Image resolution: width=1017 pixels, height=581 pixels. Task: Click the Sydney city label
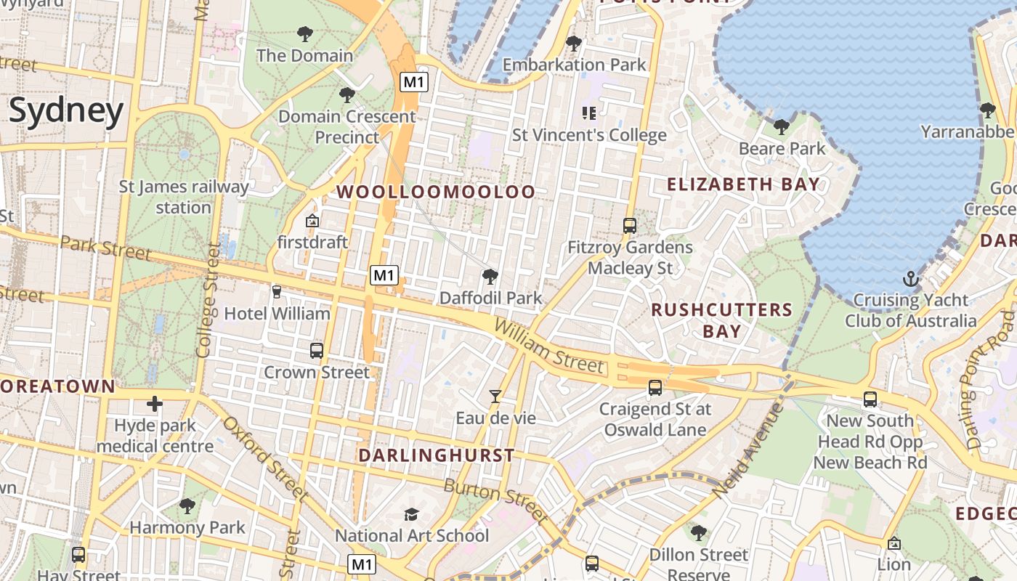point(66,111)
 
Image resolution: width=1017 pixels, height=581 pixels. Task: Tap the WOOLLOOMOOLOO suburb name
point(437,192)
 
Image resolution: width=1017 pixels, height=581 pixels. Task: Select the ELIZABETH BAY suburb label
point(743,184)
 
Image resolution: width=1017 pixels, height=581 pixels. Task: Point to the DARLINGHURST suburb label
point(436,456)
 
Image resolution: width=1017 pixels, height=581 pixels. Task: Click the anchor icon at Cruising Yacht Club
point(910,279)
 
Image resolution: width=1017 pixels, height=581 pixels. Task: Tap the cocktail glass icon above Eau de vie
point(495,396)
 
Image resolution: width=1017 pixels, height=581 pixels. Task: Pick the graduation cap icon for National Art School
point(411,514)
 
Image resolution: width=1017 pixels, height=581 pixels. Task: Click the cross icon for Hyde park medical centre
point(154,404)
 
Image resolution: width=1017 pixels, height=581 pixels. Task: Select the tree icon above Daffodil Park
point(490,277)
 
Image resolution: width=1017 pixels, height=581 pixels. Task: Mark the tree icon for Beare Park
point(782,127)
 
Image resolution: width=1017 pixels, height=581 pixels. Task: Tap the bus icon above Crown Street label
point(317,350)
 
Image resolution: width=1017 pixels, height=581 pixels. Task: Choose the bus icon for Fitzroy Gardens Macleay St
point(630,225)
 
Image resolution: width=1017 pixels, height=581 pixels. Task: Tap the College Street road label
point(204,299)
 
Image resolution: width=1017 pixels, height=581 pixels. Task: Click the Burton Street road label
point(495,500)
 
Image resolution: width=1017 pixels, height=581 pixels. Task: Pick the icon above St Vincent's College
point(589,113)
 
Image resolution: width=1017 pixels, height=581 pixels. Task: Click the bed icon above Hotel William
point(276,291)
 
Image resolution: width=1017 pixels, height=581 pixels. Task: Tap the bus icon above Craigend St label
point(655,388)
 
